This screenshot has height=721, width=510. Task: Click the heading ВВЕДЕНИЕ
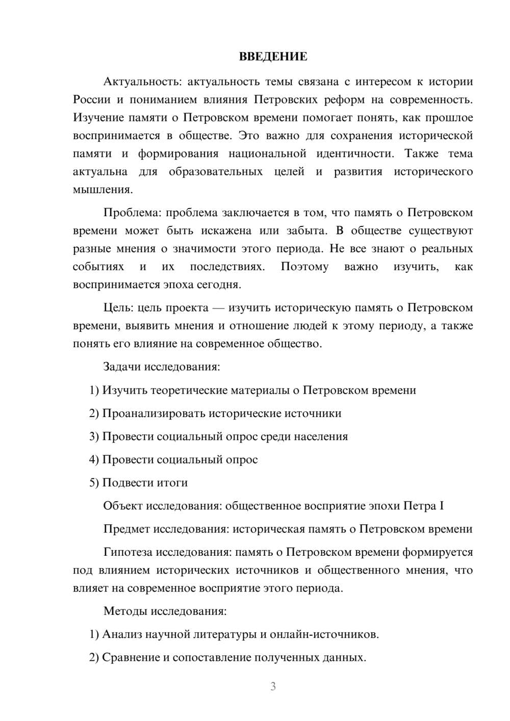pyautogui.click(x=273, y=57)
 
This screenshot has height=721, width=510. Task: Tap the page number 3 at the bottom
pyautogui.click(x=273, y=686)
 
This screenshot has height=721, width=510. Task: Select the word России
pyautogui.click(x=92, y=99)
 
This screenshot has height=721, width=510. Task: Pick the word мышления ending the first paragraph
pyautogui.click(x=101, y=190)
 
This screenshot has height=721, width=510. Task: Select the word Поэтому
pyautogui.click(x=304, y=267)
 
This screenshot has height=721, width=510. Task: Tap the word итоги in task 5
pyautogui.click(x=172, y=482)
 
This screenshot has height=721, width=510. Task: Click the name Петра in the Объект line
pyautogui.click(x=419, y=506)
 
